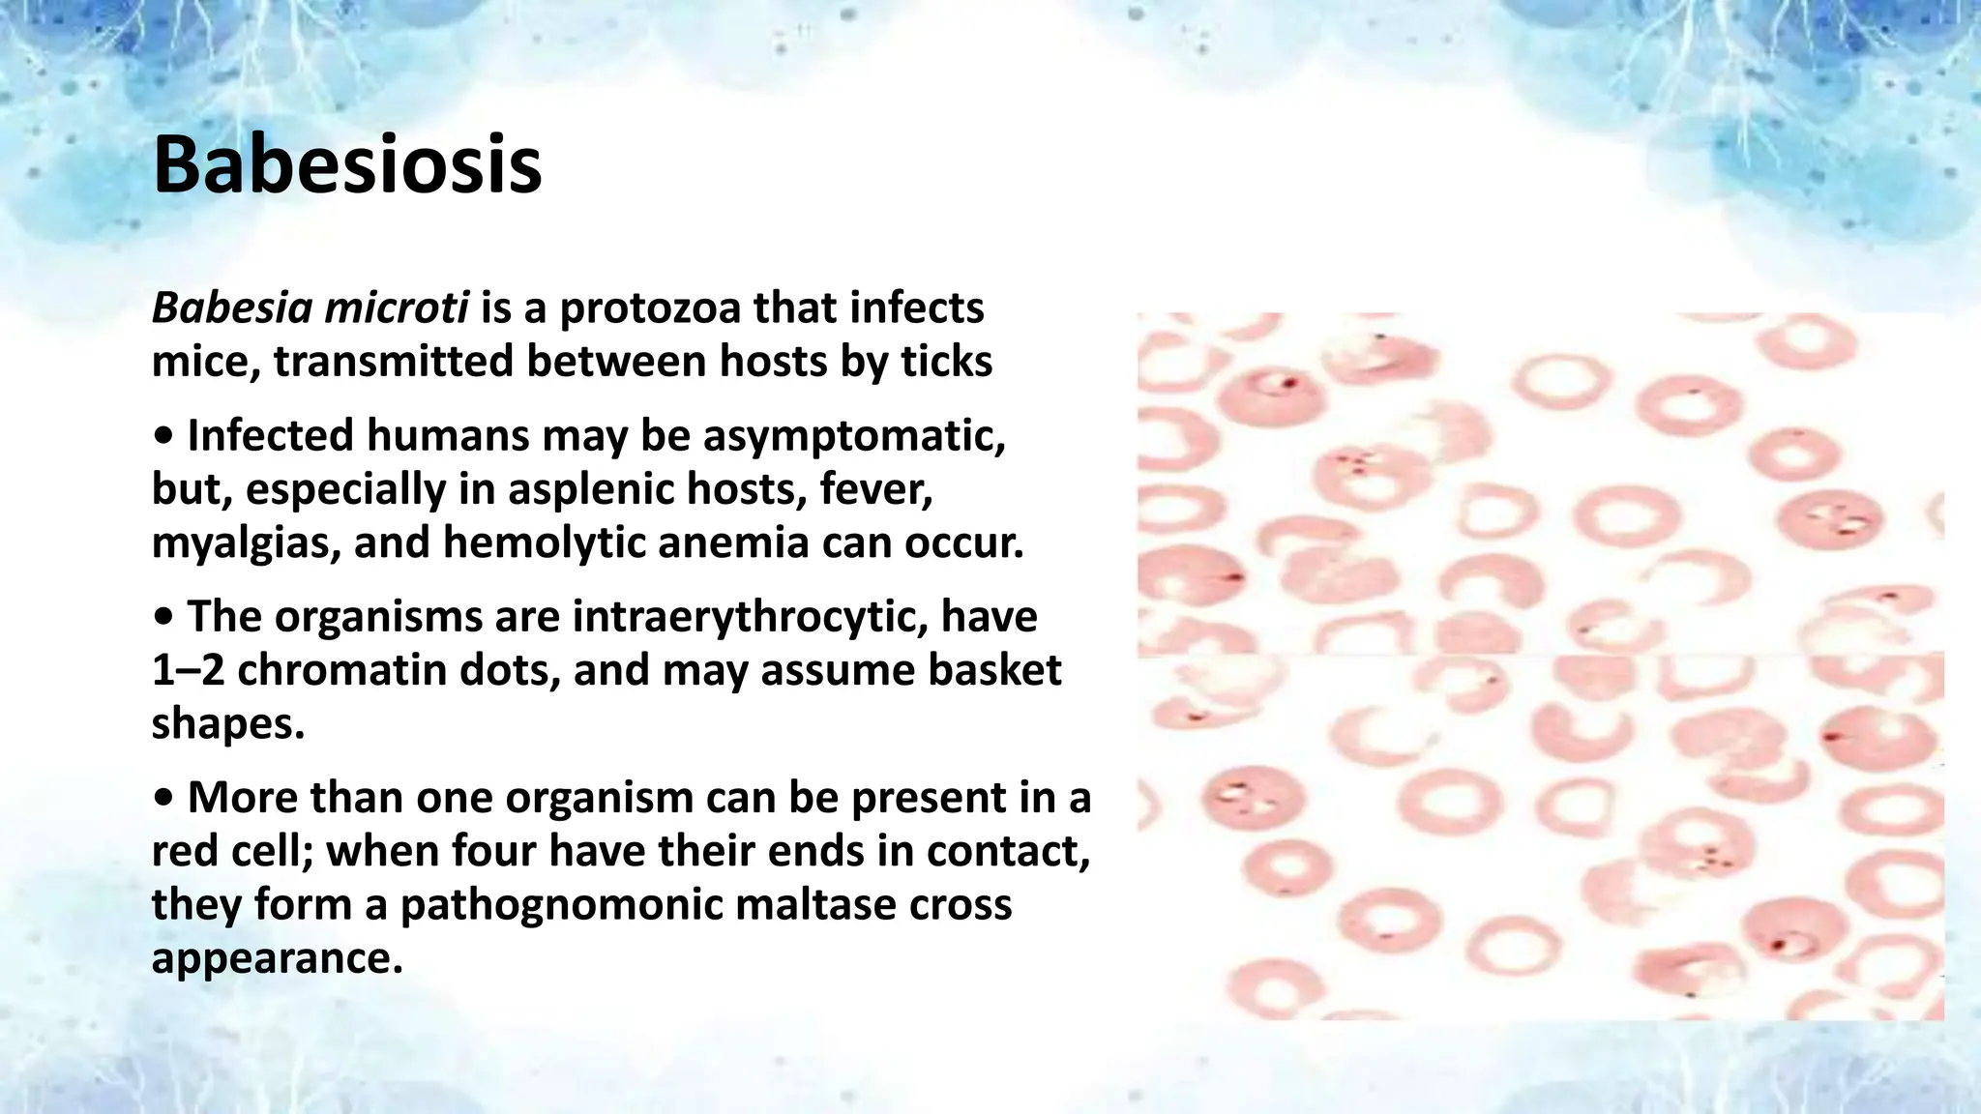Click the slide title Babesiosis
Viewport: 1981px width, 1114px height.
[x=347, y=165]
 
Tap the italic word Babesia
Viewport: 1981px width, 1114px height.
[x=232, y=308]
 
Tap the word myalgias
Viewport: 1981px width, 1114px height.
[x=245, y=542]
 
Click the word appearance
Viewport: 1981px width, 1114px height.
[x=275, y=958]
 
